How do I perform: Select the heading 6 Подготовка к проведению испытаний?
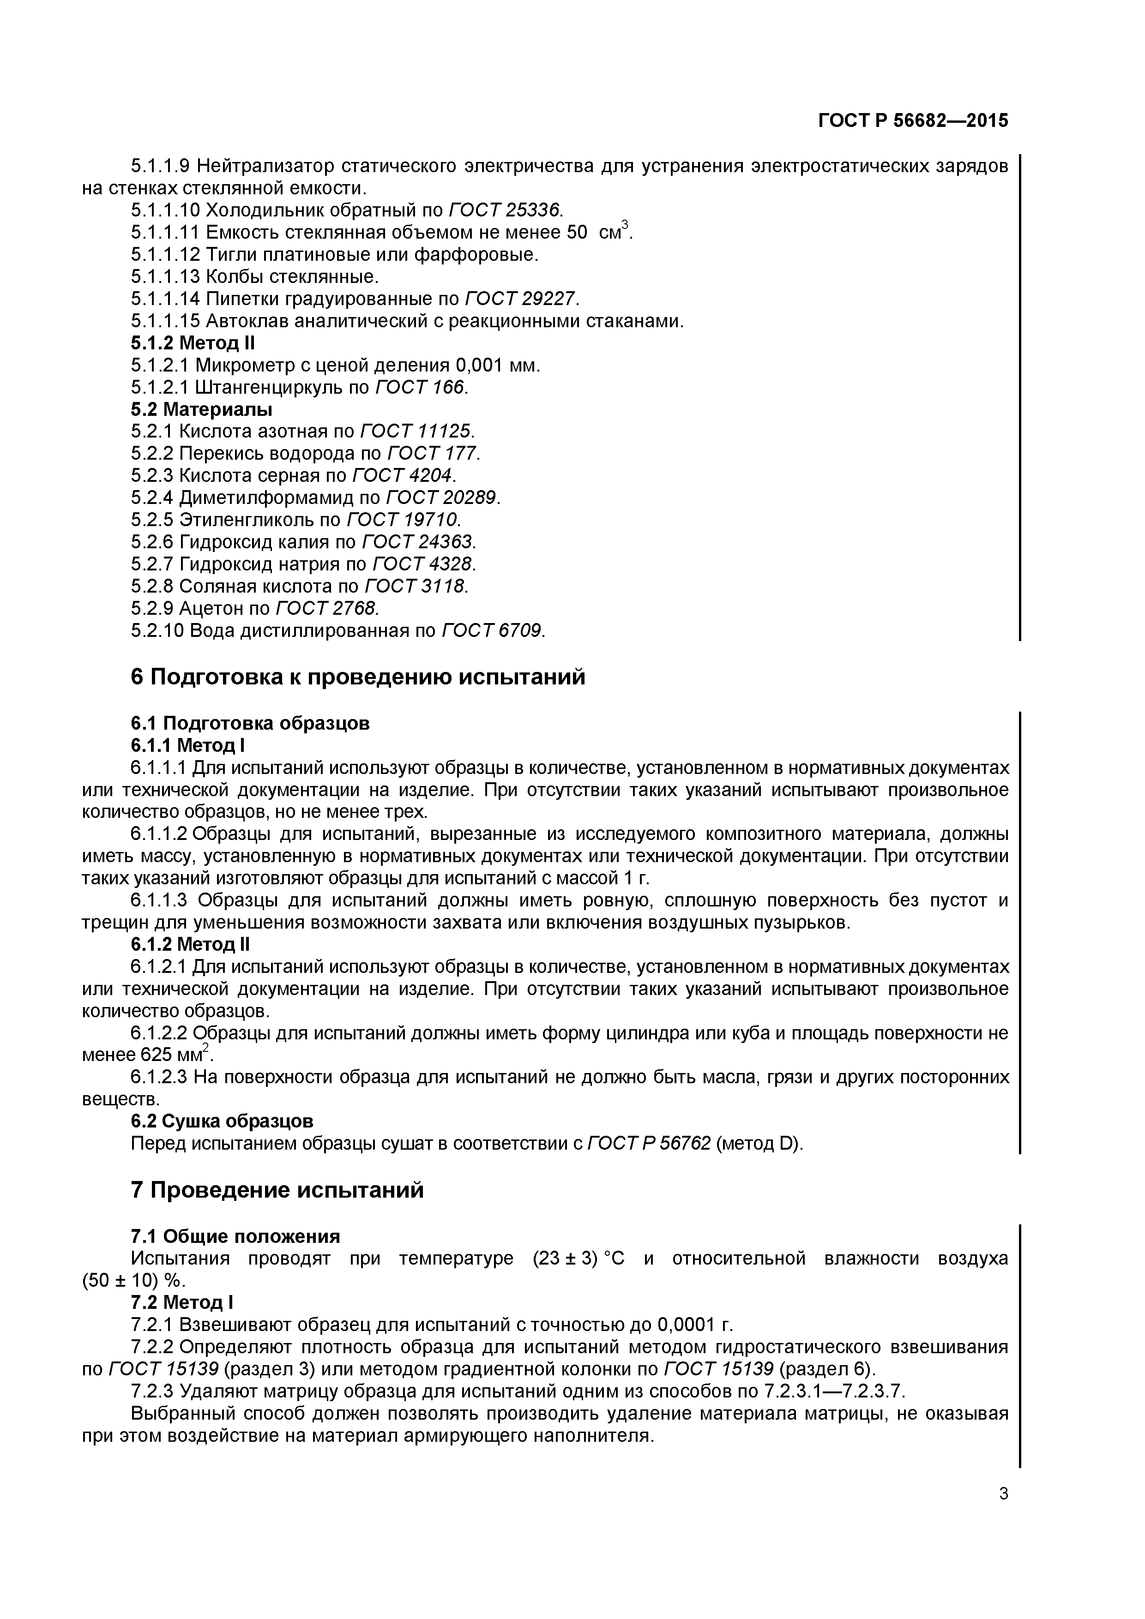coord(358,677)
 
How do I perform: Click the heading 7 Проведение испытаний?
coord(277,1190)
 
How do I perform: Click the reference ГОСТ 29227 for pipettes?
coord(521,299)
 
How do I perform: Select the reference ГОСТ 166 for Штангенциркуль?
coord(421,387)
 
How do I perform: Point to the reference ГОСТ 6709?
coord(493,630)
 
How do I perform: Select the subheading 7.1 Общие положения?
coord(235,1237)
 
